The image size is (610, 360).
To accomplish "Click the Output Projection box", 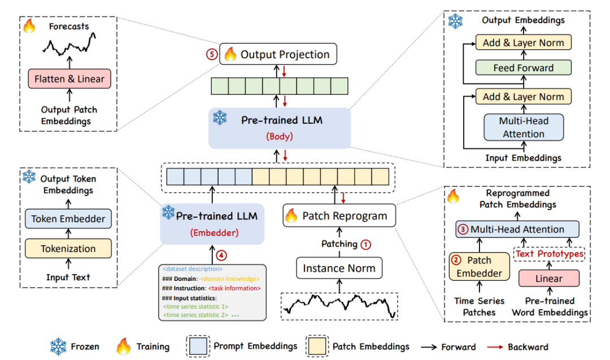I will click(x=277, y=54).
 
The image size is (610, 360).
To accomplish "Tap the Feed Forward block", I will click(x=523, y=68).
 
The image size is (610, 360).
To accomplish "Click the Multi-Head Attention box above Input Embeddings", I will click(x=523, y=127).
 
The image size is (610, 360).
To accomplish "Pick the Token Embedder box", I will click(x=68, y=219).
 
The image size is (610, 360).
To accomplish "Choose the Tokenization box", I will click(x=68, y=248).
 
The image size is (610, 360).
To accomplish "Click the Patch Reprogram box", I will click(x=339, y=216).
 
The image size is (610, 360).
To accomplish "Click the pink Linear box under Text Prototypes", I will click(x=549, y=278).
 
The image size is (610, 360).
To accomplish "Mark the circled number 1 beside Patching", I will click(x=366, y=244).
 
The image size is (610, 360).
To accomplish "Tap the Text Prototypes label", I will click(x=548, y=254).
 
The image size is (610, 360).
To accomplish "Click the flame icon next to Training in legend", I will click(x=123, y=346).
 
